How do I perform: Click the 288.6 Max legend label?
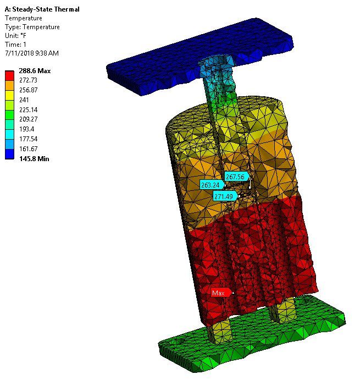pos(35,71)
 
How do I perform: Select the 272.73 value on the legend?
pos(29,80)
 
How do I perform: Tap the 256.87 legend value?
pos(29,90)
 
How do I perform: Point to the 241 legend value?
pos(24,100)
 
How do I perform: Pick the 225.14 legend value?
pos(29,110)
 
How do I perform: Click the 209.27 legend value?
pos(29,119)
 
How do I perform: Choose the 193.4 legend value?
pos(26,129)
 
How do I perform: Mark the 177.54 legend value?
pos(29,139)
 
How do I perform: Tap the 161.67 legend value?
pos(29,149)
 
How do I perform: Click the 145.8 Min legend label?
pos(34,159)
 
